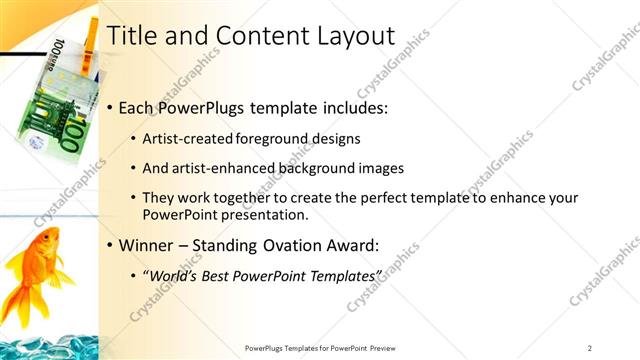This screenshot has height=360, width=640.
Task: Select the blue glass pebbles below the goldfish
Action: click(x=50, y=345)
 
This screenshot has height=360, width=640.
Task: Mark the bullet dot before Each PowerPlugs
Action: click(x=109, y=107)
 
